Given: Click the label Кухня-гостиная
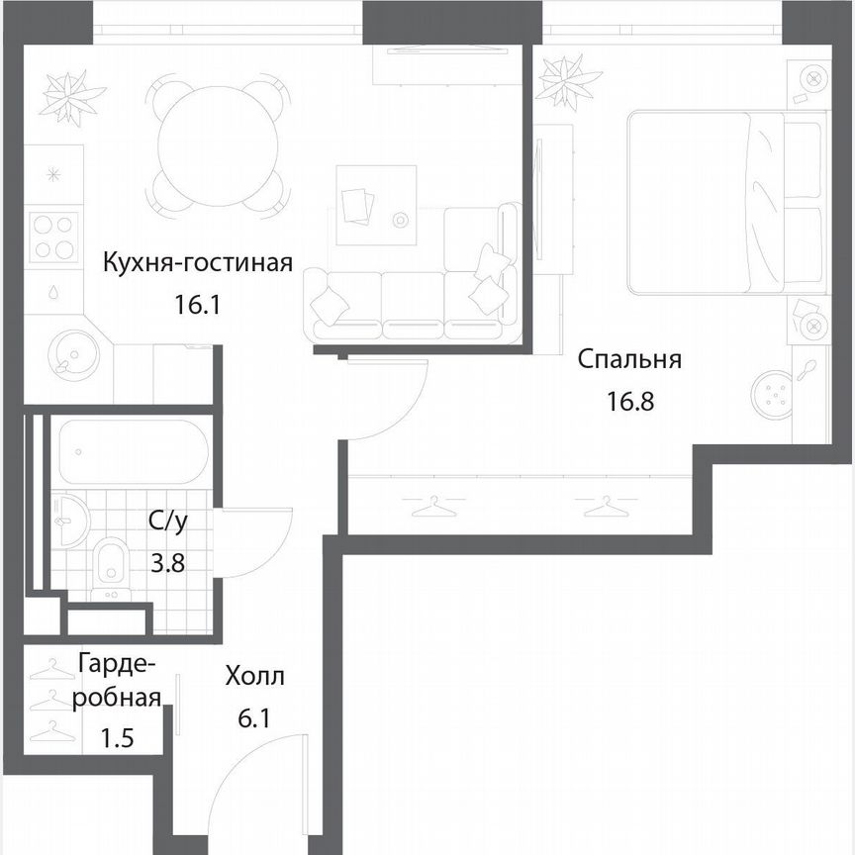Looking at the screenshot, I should pyautogui.click(x=199, y=263).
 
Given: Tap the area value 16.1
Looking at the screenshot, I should pyautogui.click(x=195, y=304).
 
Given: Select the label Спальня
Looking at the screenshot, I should pyautogui.click(x=630, y=359).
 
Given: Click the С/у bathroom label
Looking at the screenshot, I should pyautogui.click(x=166, y=522).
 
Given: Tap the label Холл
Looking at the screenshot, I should pyautogui.click(x=254, y=678).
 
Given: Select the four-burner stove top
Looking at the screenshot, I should pyautogui.click(x=53, y=237).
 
